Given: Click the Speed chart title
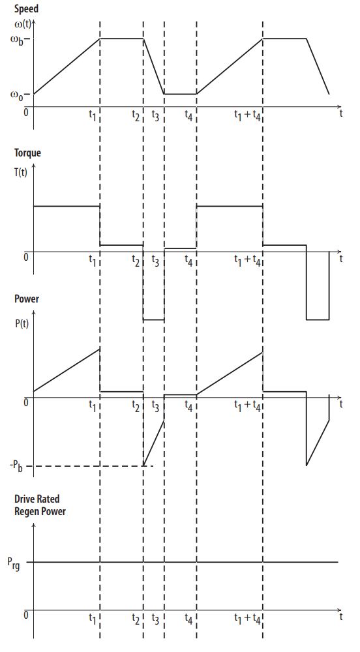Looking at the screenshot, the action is pyautogui.click(x=27, y=8).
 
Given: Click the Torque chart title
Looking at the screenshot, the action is pyautogui.click(x=28, y=153).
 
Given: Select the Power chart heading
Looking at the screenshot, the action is pyautogui.click(x=27, y=299).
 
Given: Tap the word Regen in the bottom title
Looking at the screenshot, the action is pyautogui.click(x=28, y=511).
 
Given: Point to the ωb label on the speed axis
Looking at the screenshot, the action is pyautogui.click(x=19, y=40).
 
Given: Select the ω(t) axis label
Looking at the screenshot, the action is pyautogui.click(x=22, y=23).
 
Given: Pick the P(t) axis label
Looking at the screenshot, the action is pyautogui.click(x=22, y=323).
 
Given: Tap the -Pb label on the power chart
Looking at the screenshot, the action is pyautogui.click(x=16, y=466).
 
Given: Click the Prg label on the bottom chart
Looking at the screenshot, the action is pyautogui.click(x=15, y=563).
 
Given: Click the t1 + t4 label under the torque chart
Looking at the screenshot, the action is pyautogui.click(x=247, y=261).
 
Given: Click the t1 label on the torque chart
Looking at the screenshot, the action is pyautogui.click(x=93, y=261).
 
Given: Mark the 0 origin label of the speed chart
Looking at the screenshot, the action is pyautogui.click(x=26, y=111).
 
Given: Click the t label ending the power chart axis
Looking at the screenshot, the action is pyautogui.click(x=341, y=404).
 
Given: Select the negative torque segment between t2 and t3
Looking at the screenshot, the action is pyautogui.click(x=154, y=319).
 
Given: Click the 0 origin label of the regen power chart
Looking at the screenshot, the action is pyautogui.click(x=26, y=615).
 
